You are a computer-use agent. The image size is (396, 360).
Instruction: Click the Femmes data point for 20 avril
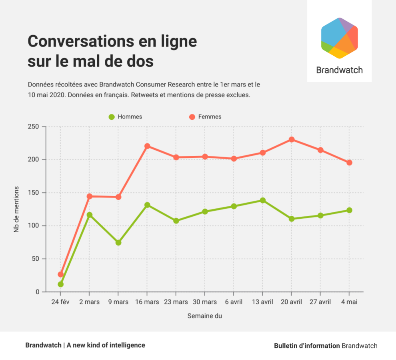[x=292, y=140]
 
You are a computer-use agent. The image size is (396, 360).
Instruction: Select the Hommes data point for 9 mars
[x=118, y=243]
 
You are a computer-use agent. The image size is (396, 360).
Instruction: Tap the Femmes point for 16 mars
[x=147, y=146]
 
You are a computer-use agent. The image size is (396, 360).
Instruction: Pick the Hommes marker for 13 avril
[x=263, y=200]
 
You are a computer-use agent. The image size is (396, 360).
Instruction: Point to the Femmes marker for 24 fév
[x=61, y=274]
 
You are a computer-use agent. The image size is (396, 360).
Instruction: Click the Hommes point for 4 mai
[x=349, y=210]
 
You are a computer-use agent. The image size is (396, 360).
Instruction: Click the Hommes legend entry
[x=125, y=117]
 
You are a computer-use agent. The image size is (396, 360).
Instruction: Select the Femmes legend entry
[x=204, y=117]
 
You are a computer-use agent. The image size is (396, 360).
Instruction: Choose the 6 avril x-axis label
[x=234, y=302]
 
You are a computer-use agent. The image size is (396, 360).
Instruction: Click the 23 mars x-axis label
[x=176, y=302]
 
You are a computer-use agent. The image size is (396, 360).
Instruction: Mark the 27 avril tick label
[x=320, y=302]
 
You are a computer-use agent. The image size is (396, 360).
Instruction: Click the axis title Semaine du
[x=204, y=316]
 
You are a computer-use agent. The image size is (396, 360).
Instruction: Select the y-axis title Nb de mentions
[x=16, y=209]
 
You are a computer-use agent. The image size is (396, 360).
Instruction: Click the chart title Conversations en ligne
[x=112, y=42]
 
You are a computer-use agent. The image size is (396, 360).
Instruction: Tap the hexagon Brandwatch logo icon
[x=339, y=38]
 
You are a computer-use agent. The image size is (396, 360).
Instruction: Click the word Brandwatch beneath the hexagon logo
[x=339, y=70]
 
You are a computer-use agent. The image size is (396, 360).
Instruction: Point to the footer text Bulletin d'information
[x=306, y=346]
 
